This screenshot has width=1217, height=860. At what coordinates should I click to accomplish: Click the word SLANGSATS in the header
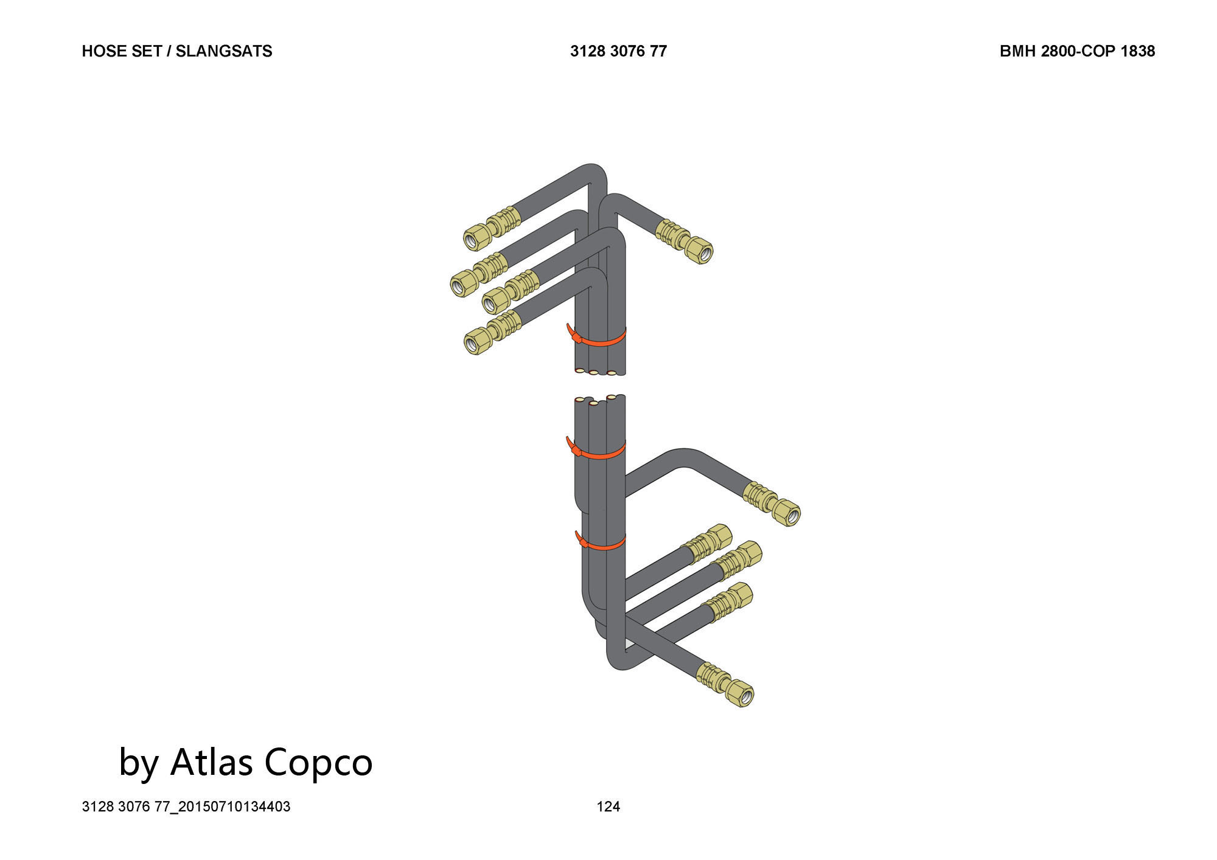point(224,51)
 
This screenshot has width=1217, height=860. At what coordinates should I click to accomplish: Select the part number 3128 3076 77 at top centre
point(618,51)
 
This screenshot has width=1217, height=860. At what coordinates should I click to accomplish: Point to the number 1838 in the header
point(1137,51)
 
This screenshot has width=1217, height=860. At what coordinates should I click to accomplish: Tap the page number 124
point(608,806)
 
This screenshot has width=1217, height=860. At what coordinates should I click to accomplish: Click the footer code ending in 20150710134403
point(186,806)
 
